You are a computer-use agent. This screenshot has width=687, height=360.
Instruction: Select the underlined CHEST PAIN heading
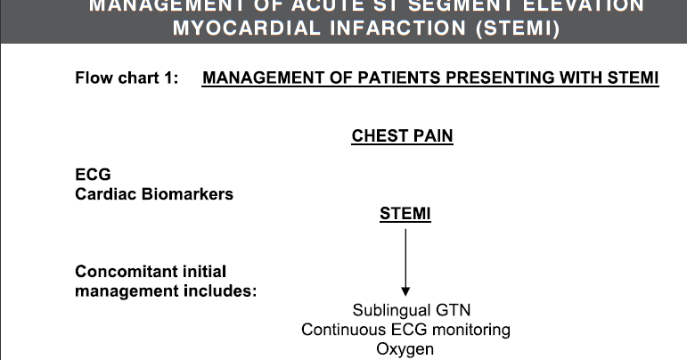(402, 136)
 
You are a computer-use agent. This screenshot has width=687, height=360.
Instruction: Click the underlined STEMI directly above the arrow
(405, 214)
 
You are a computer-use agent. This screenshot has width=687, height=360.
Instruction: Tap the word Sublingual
(389, 311)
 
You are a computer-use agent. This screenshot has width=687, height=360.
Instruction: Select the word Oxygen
(405, 348)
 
